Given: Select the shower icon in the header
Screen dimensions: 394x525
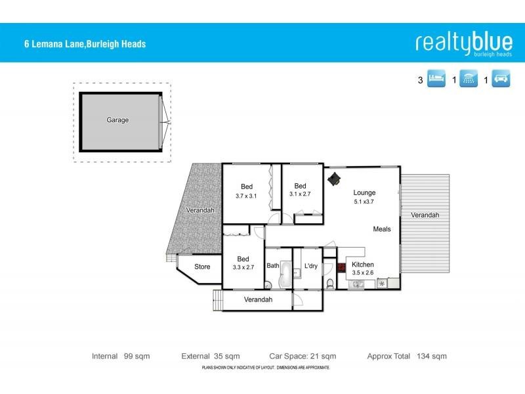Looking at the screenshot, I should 468,80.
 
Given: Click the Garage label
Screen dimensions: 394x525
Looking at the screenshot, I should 117,120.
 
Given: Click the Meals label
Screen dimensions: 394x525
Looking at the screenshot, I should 382,229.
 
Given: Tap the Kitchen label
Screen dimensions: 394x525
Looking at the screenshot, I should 363,263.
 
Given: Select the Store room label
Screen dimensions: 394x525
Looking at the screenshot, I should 202,267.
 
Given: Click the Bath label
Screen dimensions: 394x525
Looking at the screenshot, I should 273,266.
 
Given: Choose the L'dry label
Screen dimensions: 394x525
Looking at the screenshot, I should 311,266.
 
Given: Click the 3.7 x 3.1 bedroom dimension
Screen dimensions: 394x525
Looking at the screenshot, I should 247,196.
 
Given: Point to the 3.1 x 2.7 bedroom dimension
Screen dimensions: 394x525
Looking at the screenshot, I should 301,194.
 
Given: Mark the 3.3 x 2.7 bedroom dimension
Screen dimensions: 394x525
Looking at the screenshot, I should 243,267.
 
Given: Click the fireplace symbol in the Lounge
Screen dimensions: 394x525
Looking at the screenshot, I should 335,179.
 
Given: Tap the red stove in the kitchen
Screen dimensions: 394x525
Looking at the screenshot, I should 341,267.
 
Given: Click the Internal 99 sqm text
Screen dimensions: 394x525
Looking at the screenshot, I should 121,356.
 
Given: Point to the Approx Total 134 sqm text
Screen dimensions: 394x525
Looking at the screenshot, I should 407,356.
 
